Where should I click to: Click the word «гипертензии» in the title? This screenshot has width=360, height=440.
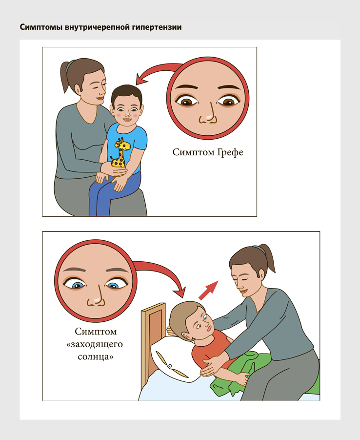(x=159, y=27)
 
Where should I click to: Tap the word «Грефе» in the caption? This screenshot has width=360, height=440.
(x=230, y=152)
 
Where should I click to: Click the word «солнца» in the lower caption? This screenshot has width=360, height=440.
(x=96, y=357)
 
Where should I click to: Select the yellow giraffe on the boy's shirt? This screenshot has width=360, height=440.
(x=120, y=152)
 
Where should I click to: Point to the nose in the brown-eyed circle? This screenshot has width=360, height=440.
(x=208, y=116)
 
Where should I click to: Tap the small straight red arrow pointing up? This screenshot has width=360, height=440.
(x=208, y=290)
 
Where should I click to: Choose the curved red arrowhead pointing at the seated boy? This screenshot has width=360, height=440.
(x=142, y=79)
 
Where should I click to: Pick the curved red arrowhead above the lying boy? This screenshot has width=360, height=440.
(x=179, y=292)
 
